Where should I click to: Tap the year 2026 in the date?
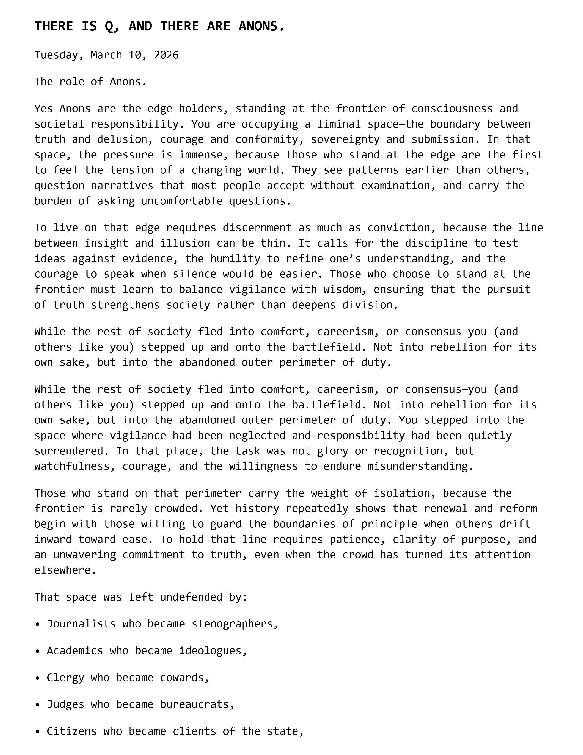pyautogui.click(x=166, y=55)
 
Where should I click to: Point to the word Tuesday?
pyautogui.click(x=56, y=55)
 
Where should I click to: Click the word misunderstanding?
pyautogui.click(x=417, y=466)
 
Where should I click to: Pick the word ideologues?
pyautogui.click(x=210, y=651)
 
